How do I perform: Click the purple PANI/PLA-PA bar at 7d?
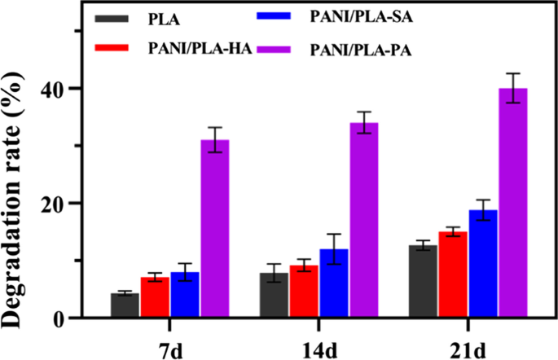point(215,228)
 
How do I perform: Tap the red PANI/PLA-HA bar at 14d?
point(303,292)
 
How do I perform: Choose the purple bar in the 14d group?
point(363,220)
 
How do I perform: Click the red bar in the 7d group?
point(155,297)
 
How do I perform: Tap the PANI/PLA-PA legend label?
point(357,50)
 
